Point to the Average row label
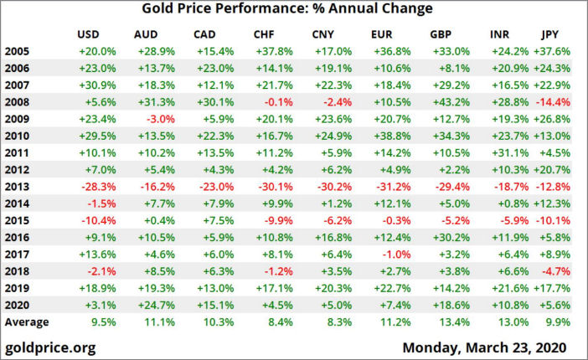coord(27,322)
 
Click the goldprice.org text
coord(50,346)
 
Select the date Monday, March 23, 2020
coord(485,346)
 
